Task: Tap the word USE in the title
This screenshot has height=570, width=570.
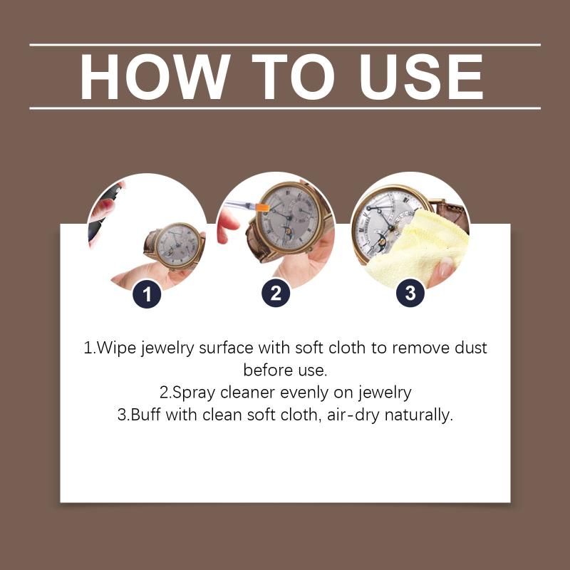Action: point(422,77)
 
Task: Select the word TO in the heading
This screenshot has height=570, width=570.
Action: point(294,77)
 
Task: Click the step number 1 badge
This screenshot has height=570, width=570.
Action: point(147,294)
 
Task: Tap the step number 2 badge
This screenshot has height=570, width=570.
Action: point(276,293)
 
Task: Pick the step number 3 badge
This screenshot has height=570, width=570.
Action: point(410,293)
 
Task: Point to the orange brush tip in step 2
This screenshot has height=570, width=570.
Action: point(262,208)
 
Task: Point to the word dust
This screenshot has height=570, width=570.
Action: point(471,348)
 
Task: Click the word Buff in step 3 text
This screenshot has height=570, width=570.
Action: point(145,415)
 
